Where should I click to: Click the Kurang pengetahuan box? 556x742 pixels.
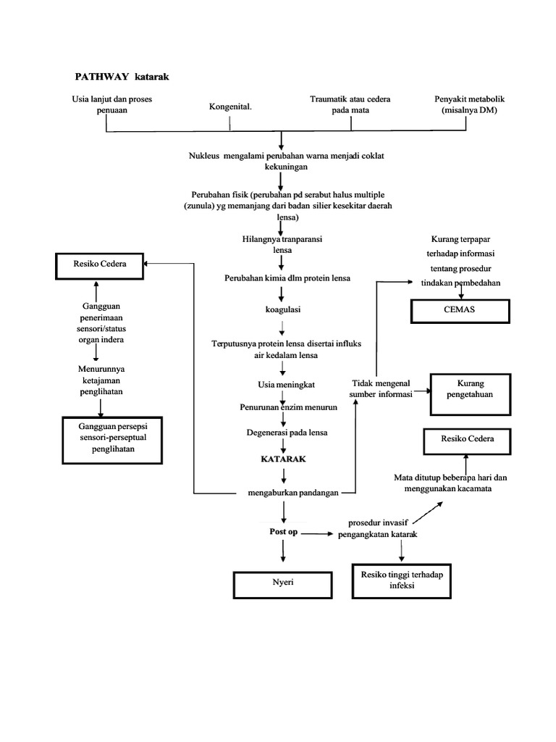470,388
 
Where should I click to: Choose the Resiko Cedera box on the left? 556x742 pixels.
100,264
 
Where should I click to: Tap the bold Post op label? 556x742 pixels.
283,532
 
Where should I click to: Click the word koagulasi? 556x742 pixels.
283,309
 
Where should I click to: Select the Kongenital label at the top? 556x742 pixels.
230,107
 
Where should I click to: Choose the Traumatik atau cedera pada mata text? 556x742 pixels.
350,104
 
